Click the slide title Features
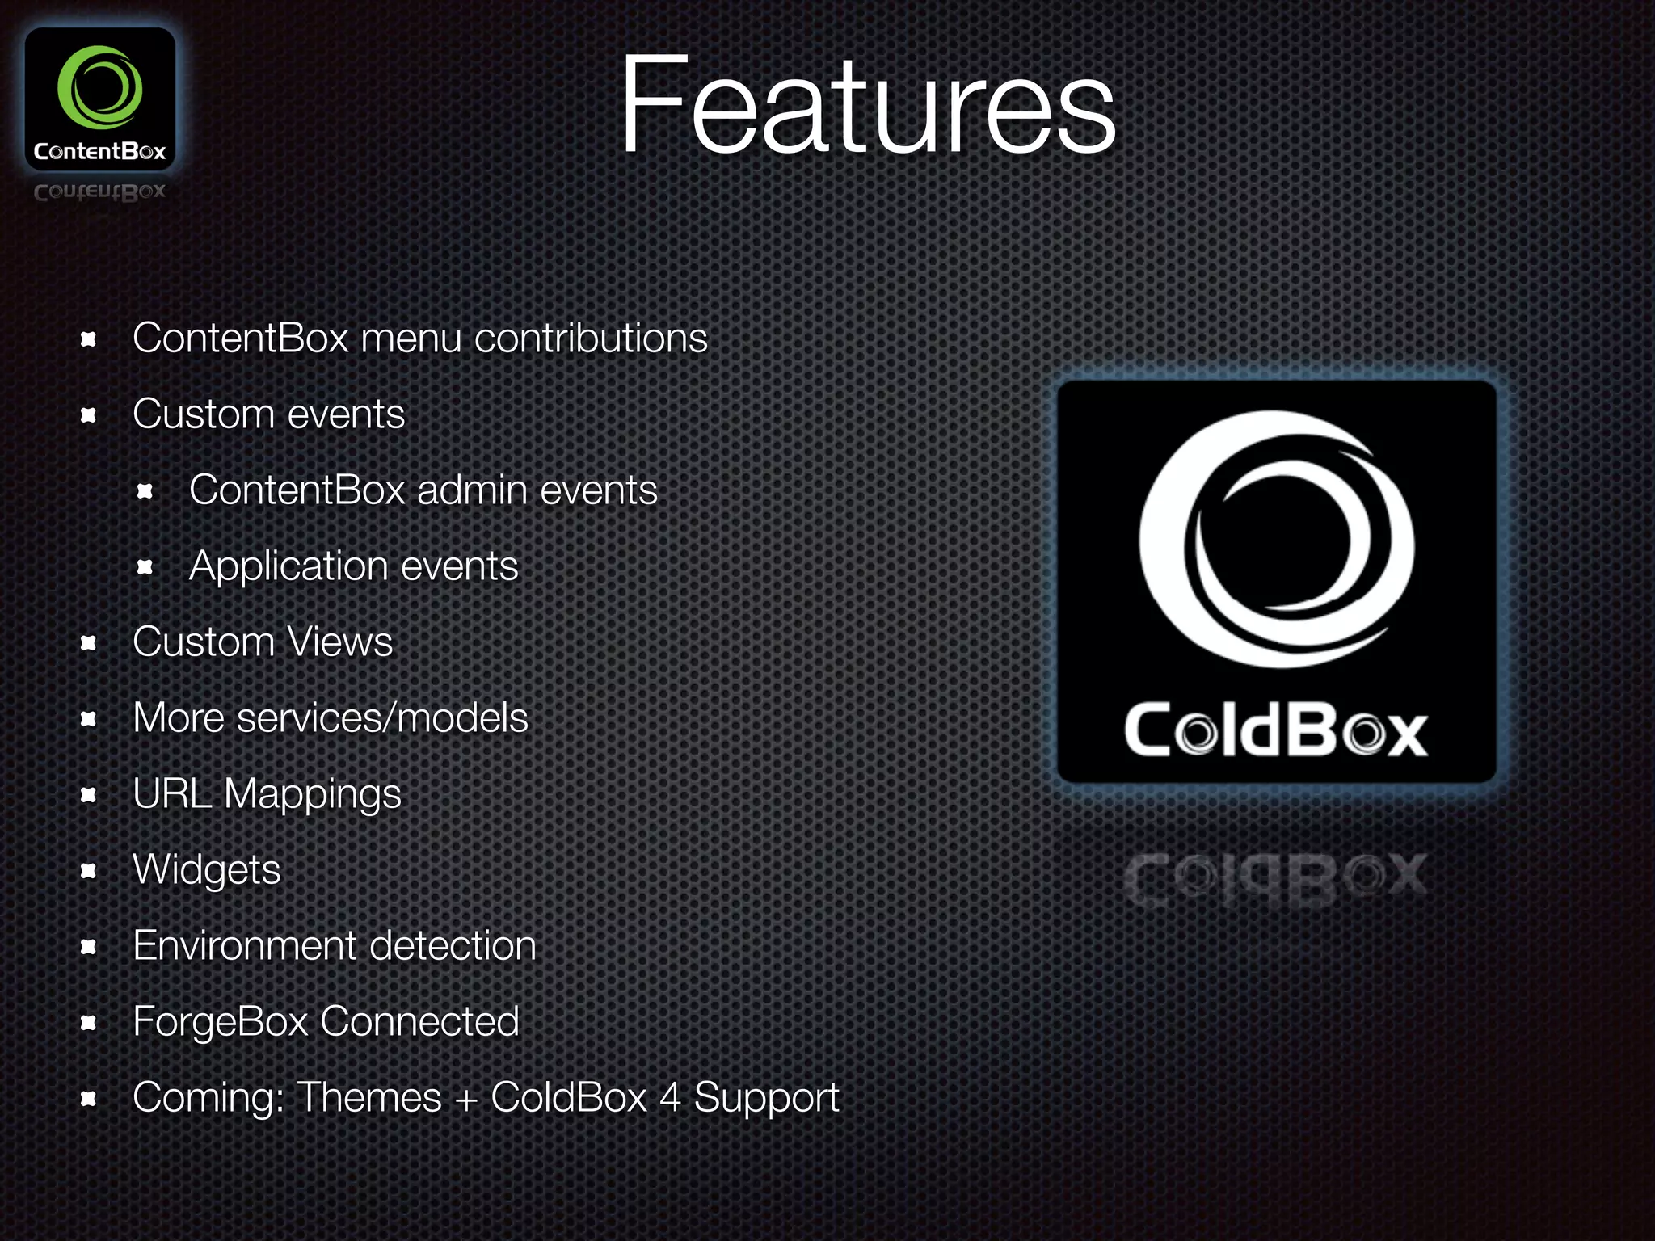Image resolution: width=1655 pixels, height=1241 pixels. [x=867, y=105]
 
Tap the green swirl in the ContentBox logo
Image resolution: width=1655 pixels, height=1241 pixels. [x=99, y=87]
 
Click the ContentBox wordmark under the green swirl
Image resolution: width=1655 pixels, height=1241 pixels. [x=99, y=151]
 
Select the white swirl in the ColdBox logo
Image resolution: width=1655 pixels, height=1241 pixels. [x=1276, y=539]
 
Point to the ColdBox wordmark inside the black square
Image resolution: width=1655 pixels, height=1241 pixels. [x=1276, y=730]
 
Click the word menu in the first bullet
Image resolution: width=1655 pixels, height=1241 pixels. [x=411, y=338]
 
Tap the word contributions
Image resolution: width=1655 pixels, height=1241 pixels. [x=591, y=338]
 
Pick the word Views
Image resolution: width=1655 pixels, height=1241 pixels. [x=340, y=642]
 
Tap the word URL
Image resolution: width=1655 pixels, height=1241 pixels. [x=172, y=793]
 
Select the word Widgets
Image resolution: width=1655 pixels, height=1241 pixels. [x=207, y=871]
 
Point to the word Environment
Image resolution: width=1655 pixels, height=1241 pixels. [x=245, y=945]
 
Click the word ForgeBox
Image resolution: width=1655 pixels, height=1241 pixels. [x=221, y=1021]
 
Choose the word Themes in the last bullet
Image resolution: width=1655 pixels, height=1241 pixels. [x=369, y=1097]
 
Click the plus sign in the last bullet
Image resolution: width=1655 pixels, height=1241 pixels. [x=466, y=1099]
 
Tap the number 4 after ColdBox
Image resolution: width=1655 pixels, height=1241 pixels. [x=670, y=1097]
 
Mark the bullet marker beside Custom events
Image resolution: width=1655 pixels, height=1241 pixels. [x=89, y=415]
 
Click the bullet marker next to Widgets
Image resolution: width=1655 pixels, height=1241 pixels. [x=89, y=871]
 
